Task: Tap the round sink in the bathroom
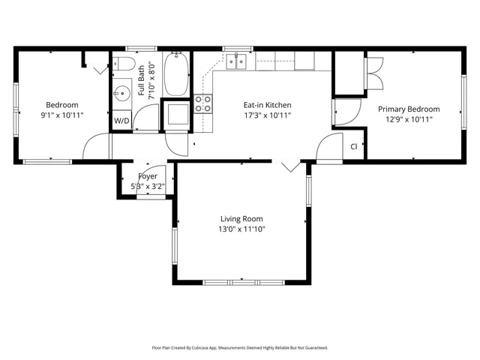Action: click(122, 92)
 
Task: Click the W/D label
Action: click(121, 120)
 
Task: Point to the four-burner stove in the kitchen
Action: click(202, 103)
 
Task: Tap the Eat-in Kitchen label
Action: click(267, 105)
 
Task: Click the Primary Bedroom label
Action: click(409, 109)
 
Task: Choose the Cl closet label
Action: click(353, 146)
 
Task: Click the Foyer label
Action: click(148, 176)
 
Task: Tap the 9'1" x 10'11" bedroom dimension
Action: click(61, 115)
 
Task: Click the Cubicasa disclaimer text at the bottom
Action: click(240, 348)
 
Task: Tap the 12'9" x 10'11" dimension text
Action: click(409, 119)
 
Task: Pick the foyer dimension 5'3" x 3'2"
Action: click(148, 186)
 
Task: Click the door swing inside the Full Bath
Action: click(148, 116)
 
